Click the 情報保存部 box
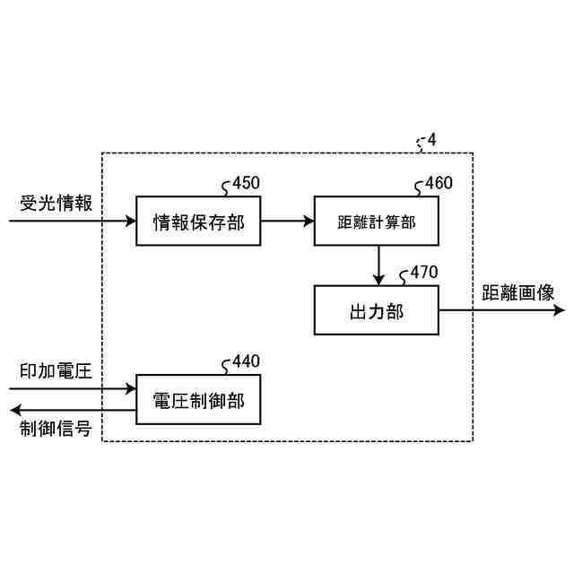197,221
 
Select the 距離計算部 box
377,221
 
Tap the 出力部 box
377,310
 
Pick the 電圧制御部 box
197,398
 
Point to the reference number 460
438,184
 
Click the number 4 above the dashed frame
432,140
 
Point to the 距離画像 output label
518,292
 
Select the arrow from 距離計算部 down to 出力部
378,265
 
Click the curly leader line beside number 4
421,143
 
